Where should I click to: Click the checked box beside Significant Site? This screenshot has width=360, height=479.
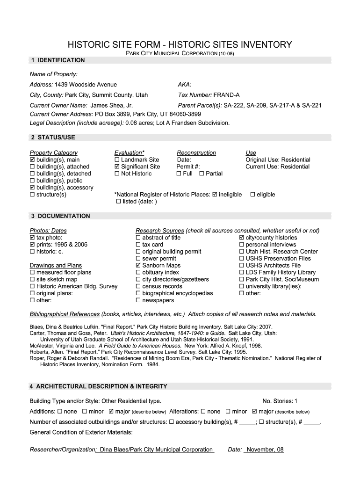[x=117, y=167]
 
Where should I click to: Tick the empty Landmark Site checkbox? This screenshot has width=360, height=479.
[x=117, y=160]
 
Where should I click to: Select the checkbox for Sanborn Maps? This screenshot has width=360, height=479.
[x=138, y=266]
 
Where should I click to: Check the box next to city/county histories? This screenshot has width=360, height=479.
[x=242, y=238]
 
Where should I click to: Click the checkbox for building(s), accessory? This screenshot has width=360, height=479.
[x=32, y=188]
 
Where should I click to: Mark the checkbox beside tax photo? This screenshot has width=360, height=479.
[x=32, y=238]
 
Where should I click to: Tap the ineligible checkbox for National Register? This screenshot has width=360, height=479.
[x=215, y=195]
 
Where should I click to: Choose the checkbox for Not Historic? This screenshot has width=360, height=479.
[x=117, y=174]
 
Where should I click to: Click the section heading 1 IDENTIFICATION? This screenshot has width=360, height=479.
[x=58, y=60]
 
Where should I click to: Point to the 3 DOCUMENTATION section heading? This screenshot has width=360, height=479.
[x=60, y=216]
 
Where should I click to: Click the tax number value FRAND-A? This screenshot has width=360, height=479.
[x=227, y=95]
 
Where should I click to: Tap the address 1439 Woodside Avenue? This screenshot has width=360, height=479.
[x=86, y=85]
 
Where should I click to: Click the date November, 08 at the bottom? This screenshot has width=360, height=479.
[x=265, y=450]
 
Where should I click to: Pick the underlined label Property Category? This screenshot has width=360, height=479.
[x=54, y=153]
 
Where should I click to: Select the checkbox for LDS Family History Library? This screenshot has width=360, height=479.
[x=242, y=273]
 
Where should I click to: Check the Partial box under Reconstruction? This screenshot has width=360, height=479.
[x=202, y=174]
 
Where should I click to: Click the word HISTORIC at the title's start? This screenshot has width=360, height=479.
[x=88, y=45]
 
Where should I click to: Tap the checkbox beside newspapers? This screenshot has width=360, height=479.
[x=138, y=301]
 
